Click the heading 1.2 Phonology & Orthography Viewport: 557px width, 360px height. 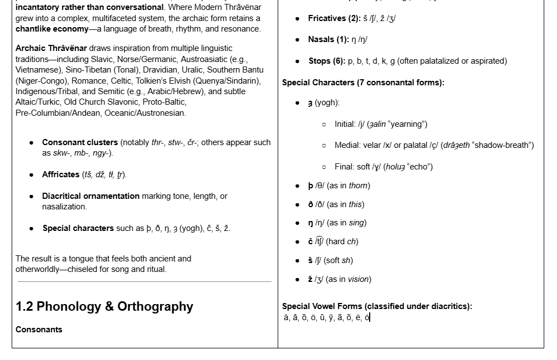104,306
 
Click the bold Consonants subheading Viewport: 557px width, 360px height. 39,330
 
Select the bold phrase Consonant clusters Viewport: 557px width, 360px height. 80,142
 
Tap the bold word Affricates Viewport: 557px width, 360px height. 60,174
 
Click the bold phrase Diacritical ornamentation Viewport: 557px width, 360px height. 90,196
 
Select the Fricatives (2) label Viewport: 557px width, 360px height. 334,18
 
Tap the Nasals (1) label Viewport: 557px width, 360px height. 328,39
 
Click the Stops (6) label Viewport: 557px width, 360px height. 326,61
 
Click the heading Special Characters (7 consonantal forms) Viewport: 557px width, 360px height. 363,83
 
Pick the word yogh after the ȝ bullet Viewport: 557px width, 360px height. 326,102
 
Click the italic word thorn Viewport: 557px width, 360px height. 359,186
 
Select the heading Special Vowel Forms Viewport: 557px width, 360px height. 377,306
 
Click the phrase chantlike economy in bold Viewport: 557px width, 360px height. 52,29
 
